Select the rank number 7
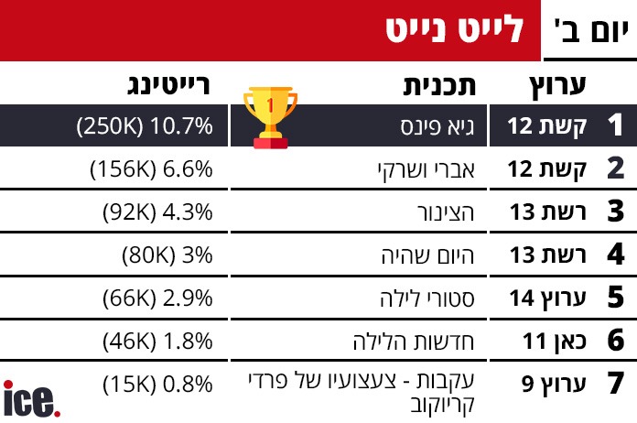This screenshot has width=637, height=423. click(x=614, y=384)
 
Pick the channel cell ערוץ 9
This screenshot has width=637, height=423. click(x=548, y=384)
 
